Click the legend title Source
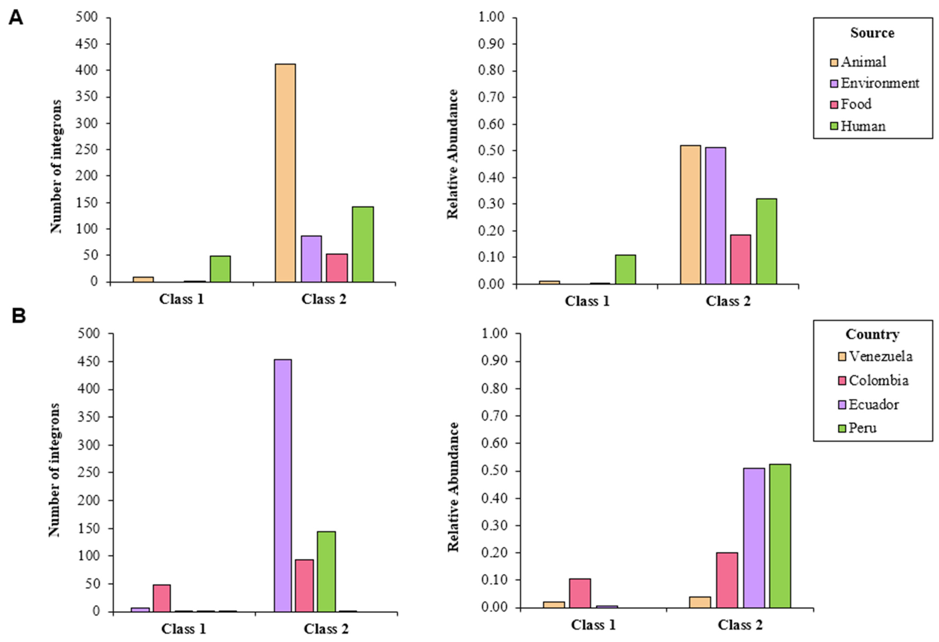click(872, 33)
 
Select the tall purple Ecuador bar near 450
click(283, 485)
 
